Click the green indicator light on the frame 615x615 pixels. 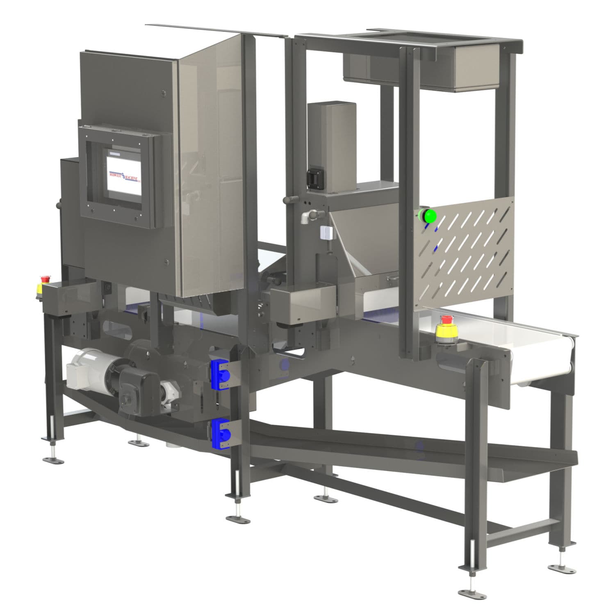[429, 216]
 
